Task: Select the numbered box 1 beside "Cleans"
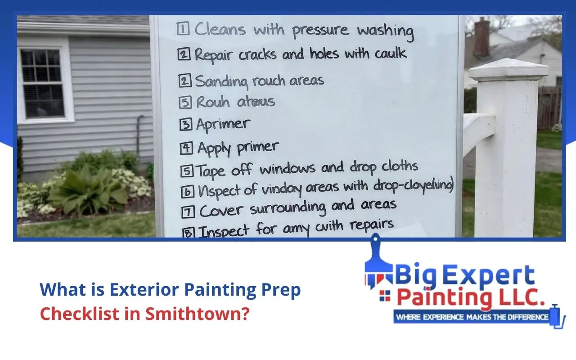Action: (x=182, y=29)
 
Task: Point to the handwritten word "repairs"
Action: (x=372, y=225)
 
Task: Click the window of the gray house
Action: (x=43, y=83)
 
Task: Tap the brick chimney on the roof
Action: (x=481, y=37)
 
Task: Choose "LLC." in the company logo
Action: (x=517, y=298)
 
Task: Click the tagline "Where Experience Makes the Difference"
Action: (x=472, y=317)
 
